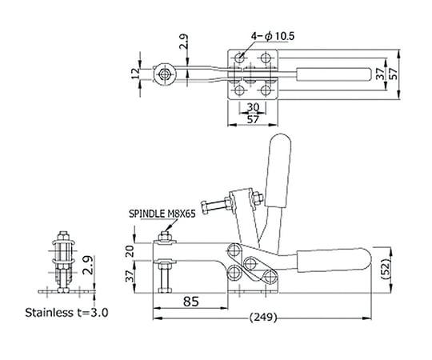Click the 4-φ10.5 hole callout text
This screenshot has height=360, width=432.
coord(273,36)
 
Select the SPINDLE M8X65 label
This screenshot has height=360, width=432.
coord(162,214)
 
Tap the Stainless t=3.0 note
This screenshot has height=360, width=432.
coord(66,313)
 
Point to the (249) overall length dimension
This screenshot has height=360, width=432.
coord(263,318)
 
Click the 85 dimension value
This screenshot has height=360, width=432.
coord(191,302)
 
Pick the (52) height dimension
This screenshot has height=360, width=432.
coord(386,270)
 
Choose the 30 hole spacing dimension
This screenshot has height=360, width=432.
coord(253,107)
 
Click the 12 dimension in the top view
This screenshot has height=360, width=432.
coord(135,74)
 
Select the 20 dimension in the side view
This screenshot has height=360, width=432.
coord(130,251)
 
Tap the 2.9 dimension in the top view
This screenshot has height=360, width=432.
coord(183,42)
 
